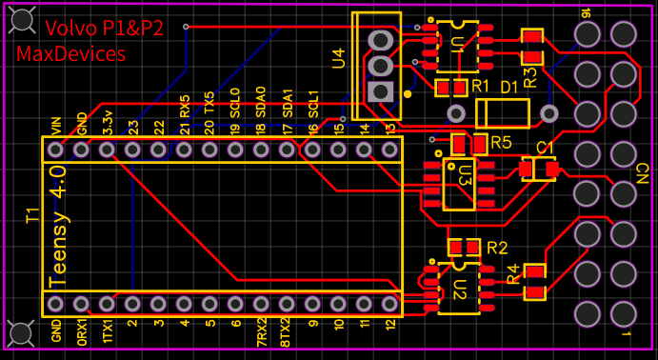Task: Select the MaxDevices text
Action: coord(70,54)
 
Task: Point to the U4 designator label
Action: coord(339,58)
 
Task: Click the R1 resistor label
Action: coord(480,87)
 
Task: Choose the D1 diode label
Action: coord(509,88)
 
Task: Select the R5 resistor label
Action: coord(502,143)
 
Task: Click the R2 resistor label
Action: coord(497,248)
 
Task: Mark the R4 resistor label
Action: coord(513,274)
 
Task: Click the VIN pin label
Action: coord(56,126)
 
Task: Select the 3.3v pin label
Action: coord(108,122)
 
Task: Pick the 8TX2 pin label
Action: coord(287,332)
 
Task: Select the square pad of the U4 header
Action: coord(380,91)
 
